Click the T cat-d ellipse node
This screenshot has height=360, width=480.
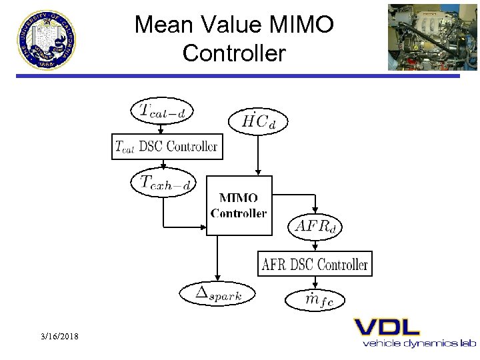pyautogui.click(x=163, y=111)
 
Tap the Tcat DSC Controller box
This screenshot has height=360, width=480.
pyautogui.click(x=166, y=147)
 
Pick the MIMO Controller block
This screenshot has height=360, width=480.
pyautogui.click(x=239, y=205)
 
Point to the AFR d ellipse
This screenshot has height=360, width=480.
pyautogui.click(x=315, y=226)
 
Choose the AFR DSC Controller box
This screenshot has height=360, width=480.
pyautogui.click(x=315, y=264)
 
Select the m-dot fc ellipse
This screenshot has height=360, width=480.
pyautogui.click(x=315, y=300)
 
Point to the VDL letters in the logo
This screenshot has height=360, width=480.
pyautogui.click(x=387, y=327)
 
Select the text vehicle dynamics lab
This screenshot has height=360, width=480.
pyautogui.click(x=419, y=343)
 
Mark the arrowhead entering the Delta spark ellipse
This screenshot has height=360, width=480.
pyautogui.click(x=215, y=279)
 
